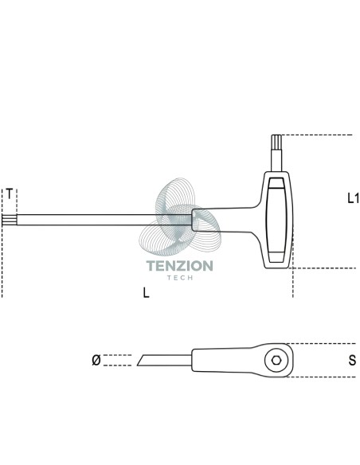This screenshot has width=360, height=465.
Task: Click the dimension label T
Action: [x=10, y=194]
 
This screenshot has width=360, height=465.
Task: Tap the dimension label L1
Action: [x=353, y=198]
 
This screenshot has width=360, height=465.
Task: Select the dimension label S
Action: [x=352, y=361]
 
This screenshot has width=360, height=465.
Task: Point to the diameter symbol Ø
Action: [x=96, y=360]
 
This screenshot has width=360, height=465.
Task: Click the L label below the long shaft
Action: [x=147, y=293]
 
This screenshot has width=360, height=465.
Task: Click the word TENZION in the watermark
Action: [x=180, y=266]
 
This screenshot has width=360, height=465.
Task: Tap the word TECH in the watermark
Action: [x=180, y=278]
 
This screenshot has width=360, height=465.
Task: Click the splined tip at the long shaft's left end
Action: [x=10, y=220]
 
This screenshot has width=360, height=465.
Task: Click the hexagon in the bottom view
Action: [x=276, y=361]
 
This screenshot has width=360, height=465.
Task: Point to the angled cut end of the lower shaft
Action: [x=141, y=360]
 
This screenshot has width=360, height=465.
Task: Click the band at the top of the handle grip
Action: [x=276, y=183]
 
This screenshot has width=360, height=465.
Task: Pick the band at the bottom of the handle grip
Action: [x=276, y=257]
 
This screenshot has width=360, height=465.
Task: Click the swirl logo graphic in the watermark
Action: [x=180, y=217]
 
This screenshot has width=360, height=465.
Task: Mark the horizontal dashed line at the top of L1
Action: [x=317, y=135]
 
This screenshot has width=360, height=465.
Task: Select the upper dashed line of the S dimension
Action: [x=321, y=344]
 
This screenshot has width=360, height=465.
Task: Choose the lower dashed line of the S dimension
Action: [x=321, y=377]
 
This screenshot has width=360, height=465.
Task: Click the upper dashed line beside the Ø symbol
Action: [x=117, y=355]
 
